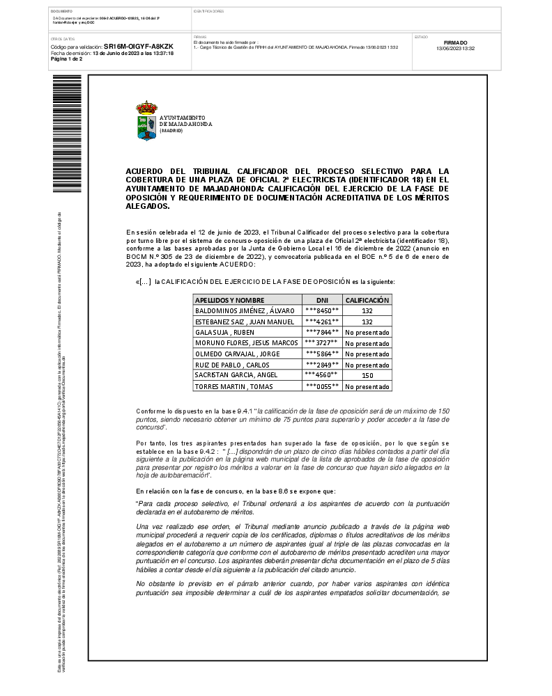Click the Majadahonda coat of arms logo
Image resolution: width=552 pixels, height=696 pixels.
(x=146, y=121)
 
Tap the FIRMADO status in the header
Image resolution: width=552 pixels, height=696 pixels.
(x=455, y=42)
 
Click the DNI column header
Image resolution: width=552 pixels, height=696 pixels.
(x=322, y=299)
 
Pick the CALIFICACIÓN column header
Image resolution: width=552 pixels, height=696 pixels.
(x=367, y=299)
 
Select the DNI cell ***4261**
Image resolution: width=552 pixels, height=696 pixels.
(x=322, y=322)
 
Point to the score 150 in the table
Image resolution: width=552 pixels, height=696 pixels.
(x=367, y=375)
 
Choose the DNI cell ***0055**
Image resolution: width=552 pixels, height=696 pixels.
(x=322, y=386)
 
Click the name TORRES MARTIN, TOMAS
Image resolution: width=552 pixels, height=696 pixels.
(x=233, y=386)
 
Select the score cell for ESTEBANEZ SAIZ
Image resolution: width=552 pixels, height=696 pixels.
(x=367, y=322)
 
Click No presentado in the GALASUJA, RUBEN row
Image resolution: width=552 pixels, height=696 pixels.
(x=367, y=332)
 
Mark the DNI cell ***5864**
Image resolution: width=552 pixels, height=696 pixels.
(x=322, y=354)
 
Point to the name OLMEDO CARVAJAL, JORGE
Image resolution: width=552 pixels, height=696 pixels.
(x=237, y=354)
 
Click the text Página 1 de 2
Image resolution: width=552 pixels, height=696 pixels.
(x=67, y=59)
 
